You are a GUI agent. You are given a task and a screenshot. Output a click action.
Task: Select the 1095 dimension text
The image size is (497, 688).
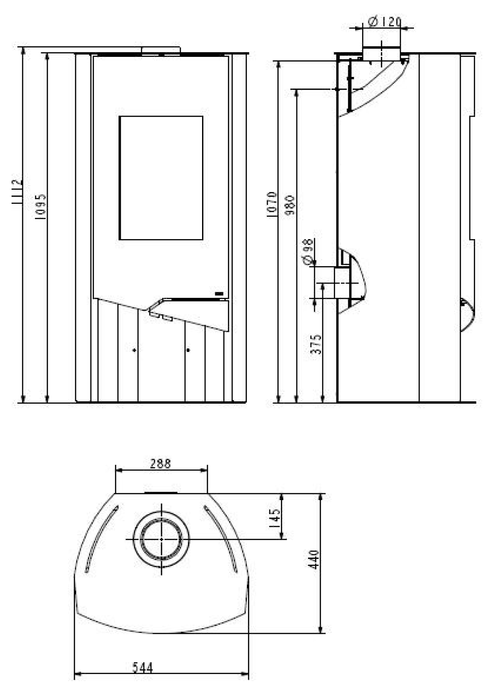[x=41, y=206]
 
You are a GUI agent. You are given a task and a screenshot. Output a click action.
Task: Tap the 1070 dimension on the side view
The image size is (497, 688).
[x=272, y=205]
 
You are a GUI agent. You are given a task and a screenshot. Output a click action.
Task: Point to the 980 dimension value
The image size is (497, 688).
[x=290, y=205]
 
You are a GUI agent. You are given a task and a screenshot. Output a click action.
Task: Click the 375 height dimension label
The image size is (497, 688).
[x=316, y=344]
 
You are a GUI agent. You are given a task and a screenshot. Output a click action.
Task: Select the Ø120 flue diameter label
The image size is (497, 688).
[x=385, y=22]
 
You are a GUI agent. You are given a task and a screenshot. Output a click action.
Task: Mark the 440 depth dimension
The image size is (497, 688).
[x=314, y=559]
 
